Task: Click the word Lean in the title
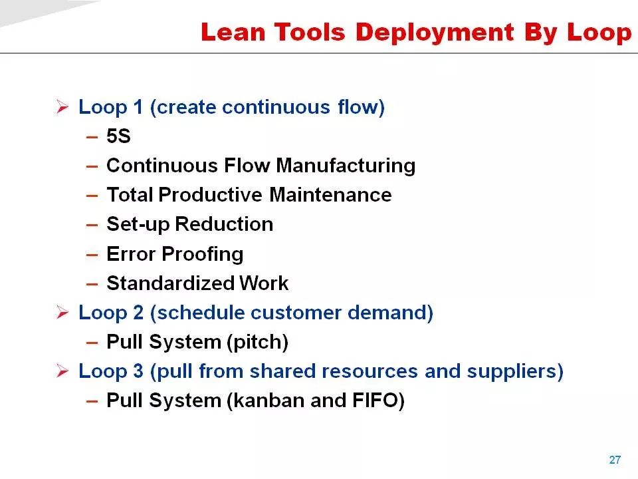click(233, 32)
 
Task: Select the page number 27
click(615, 460)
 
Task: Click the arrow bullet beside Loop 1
click(62, 106)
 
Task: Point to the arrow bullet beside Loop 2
click(62, 313)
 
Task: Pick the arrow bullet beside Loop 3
click(62, 371)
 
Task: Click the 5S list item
click(118, 136)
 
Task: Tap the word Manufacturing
click(346, 166)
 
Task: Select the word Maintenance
click(330, 195)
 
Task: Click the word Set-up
click(138, 225)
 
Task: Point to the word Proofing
click(203, 255)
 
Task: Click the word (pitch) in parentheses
click(258, 342)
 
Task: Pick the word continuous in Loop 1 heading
click(276, 107)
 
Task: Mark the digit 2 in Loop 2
click(138, 313)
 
